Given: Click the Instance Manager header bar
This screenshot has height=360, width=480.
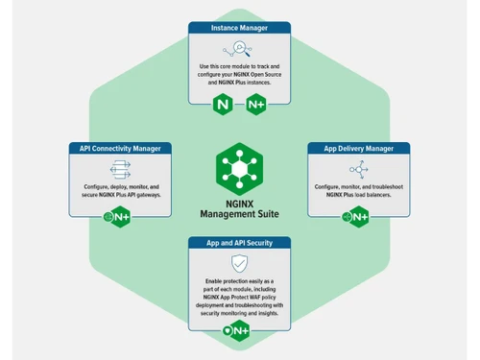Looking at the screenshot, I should click(x=239, y=29).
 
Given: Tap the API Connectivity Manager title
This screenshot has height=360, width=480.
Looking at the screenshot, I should click(x=120, y=149).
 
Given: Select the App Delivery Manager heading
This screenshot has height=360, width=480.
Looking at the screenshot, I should click(x=358, y=149).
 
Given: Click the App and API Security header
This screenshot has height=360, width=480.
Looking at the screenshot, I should click(x=239, y=243).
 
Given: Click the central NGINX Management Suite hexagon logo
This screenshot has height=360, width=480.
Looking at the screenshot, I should click(x=239, y=167).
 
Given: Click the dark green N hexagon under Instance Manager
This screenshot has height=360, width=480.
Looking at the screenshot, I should click(x=226, y=104).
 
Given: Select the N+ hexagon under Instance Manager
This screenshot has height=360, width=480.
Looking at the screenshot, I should click(x=255, y=104).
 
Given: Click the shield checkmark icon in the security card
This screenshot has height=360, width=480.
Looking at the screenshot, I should click(x=239, y=263).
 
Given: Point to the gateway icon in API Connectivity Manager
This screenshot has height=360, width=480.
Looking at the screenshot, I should click(x=120, y=170).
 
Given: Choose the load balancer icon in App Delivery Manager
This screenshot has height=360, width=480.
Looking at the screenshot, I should click(x=358, y=170).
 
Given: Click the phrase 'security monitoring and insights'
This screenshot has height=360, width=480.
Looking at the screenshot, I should click(x=239, y=314).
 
